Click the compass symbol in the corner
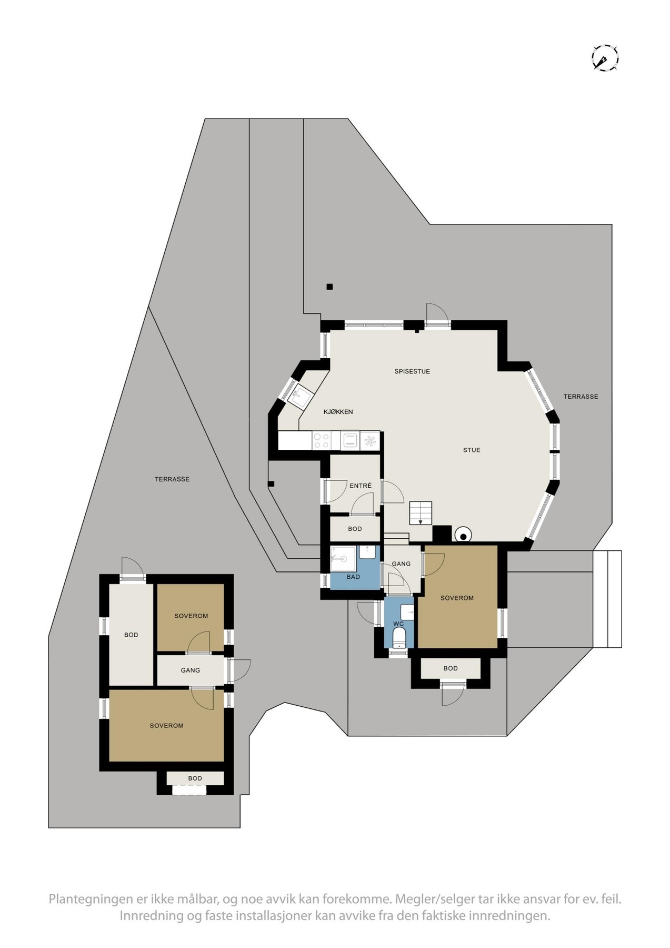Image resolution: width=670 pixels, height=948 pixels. [x=605, y=57]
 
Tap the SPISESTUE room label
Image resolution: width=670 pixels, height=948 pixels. [x=412, y=371]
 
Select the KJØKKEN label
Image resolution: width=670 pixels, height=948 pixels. [x=338, y=412]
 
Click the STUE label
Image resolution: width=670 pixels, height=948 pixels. [x=472, y=450]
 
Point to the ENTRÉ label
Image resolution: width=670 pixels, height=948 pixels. [x=361, y=486]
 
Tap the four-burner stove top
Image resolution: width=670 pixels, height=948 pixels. [x=321, y=441]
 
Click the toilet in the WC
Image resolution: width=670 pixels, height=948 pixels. [x=399, y=637]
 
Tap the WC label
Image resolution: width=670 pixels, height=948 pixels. [x=398, y=624]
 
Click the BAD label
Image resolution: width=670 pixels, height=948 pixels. [x=353, y=577]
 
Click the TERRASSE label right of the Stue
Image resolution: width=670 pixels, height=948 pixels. [x=581, y=397]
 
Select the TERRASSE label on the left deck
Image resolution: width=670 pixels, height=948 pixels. [x=172, y=479]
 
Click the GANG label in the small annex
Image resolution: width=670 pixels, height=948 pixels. [x=190, y=670]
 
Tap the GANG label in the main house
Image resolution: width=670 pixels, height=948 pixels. [x=401, y=564]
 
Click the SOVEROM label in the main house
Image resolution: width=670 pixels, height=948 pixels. [x=457, y=598]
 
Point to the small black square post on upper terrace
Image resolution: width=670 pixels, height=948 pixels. [x=329, y=287]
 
